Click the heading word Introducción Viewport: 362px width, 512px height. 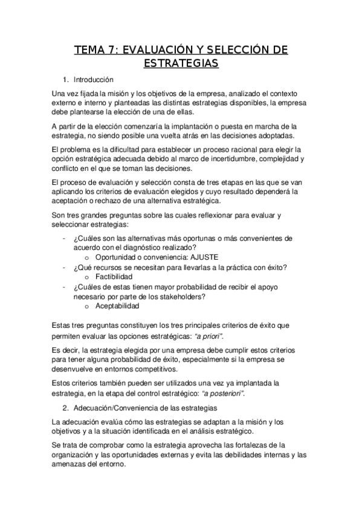pyautogui.click(x=93, y=80)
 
